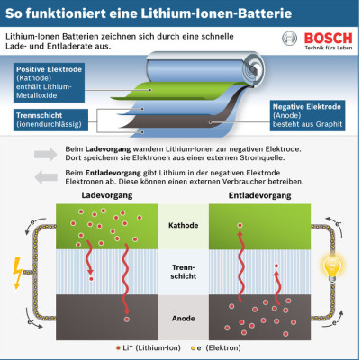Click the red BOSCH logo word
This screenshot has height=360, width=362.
coord(328,39)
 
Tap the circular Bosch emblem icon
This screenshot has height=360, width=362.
coord(289,39)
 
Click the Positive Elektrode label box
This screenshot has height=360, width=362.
coord(49,83)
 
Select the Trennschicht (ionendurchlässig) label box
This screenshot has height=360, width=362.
coord(50,120)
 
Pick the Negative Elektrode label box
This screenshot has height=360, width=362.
coord(307,115)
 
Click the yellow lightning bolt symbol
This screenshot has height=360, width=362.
coord(17,273)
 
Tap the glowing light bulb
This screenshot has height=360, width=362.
coord(332,267)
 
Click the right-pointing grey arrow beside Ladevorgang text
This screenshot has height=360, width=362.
coord(45,155)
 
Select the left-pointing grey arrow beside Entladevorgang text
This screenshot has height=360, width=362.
coord(46,177)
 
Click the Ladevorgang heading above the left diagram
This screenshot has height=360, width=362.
coord(107,195)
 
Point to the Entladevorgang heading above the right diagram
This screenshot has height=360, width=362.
coord(259,195)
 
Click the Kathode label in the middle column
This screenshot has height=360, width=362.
coord(183,225)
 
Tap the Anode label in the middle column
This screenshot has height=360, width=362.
coord(183,319)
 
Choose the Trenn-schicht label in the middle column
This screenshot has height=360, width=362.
coord(183,272)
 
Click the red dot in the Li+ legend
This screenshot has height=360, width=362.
coord(118,348)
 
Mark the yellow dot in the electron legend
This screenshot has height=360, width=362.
coord(193,348)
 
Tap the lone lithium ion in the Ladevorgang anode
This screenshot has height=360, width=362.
coord(127,319)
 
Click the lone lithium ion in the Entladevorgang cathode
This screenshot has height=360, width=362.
coord(240,225)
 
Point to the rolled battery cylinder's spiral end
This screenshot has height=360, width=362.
coord(254,69)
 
